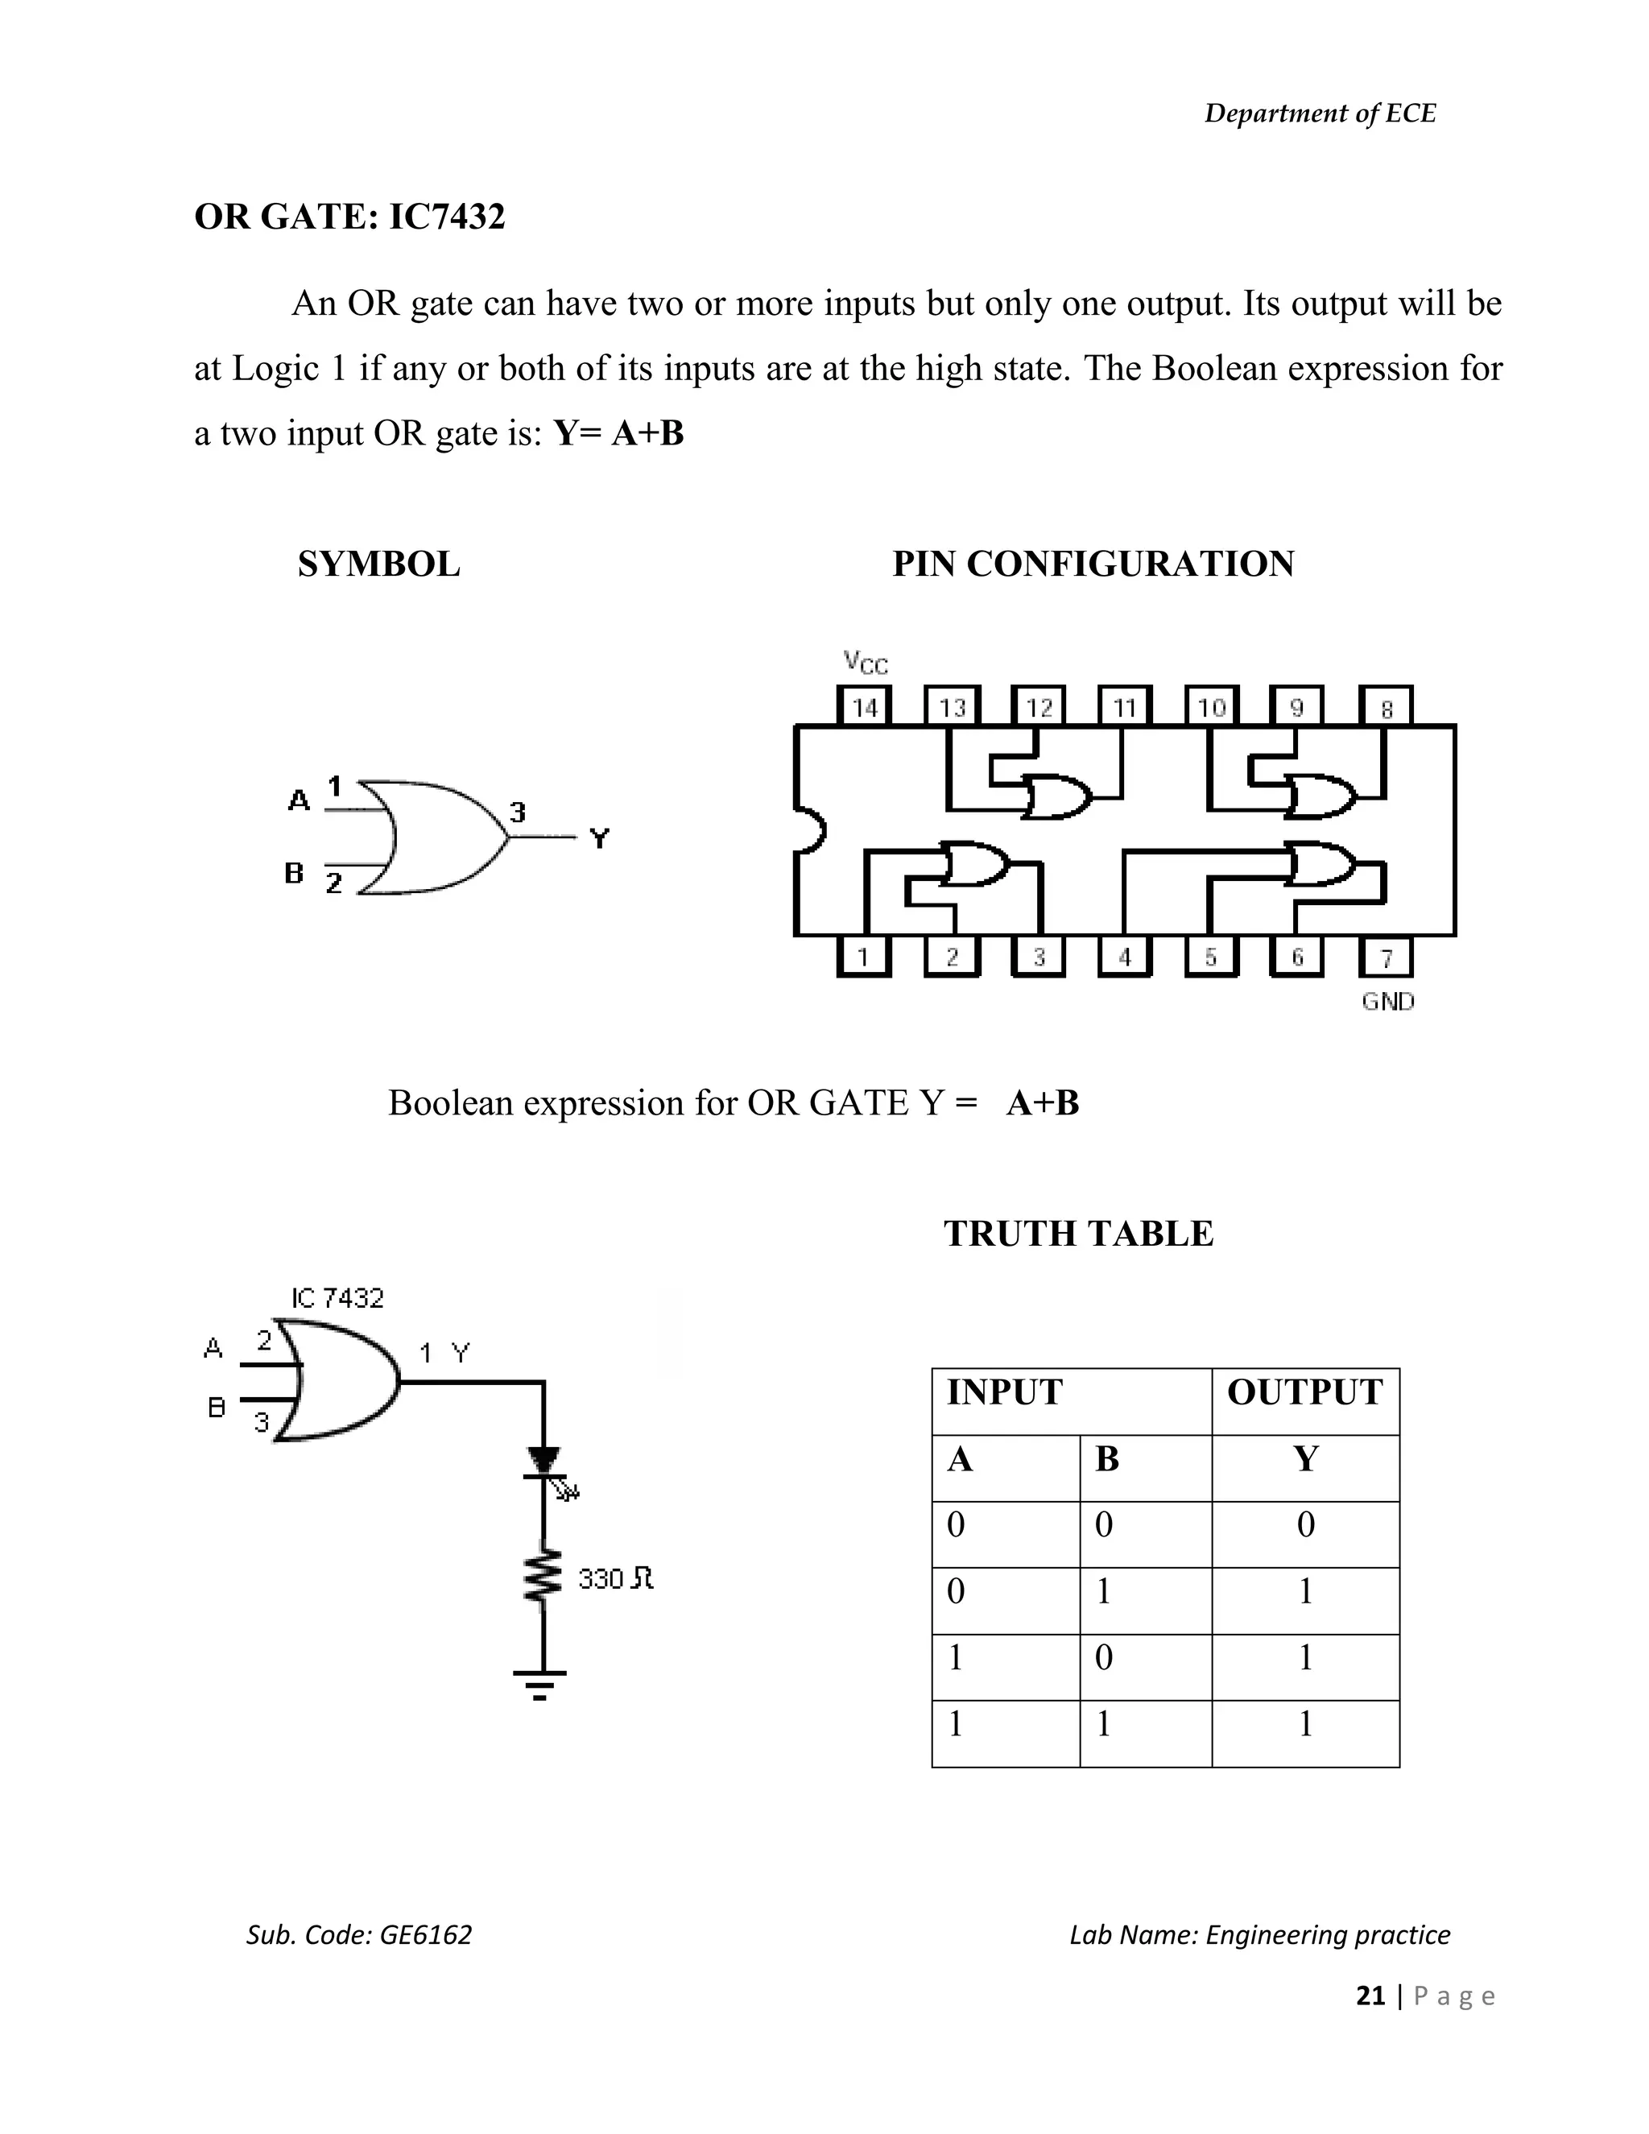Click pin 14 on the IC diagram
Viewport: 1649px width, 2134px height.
865,706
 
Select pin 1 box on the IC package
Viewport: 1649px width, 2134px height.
864,957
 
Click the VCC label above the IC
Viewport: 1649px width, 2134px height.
866,663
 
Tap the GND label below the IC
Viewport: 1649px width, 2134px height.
1387,1002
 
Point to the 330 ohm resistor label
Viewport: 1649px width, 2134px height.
614,1578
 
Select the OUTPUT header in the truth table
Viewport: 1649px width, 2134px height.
1304,1392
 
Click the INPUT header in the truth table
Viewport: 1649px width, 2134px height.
1004,1392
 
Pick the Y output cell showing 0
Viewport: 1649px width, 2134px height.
1305,1524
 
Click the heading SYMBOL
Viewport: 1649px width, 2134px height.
379,564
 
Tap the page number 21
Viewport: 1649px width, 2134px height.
1370,1995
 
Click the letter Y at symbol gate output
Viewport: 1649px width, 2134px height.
600,837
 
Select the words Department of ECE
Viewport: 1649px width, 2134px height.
1320,114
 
